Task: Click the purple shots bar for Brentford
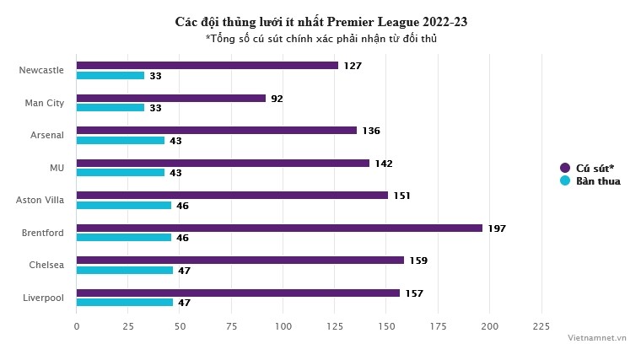279,228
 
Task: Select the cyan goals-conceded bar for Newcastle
110,76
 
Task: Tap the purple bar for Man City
171,98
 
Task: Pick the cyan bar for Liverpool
125,303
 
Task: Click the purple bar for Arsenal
217,131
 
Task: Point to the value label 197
497,228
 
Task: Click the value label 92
277,99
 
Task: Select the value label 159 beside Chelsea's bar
418,261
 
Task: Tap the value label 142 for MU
383,164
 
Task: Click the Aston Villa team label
40,200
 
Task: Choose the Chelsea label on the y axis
46,265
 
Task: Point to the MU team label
57,168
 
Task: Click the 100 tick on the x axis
283,326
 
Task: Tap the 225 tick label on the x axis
541,326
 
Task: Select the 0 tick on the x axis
77,326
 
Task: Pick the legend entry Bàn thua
598,181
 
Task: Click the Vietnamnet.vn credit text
596,337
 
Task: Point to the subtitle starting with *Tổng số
320,38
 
